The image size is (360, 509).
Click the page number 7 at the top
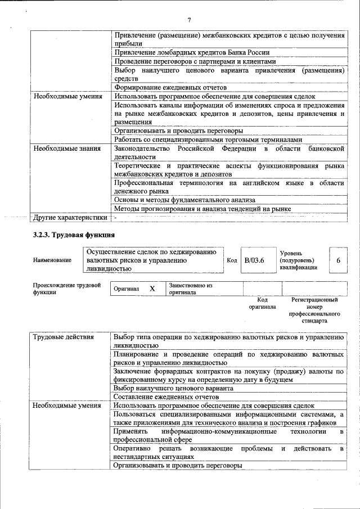pyautogui.click(x=189, y=20)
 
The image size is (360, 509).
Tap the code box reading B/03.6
pyautogui.click(x=254, y=260)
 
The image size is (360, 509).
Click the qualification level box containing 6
pyautogui.click(x=338, y=260)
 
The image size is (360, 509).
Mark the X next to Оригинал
pyautogui.click(x=152, y=288)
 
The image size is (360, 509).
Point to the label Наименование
pyautogui.click(x=52, y=260)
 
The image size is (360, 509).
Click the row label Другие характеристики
pyautogui.click(x=70, y=217)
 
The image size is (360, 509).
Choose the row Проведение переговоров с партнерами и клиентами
pyautogui.click(x=195, y=61)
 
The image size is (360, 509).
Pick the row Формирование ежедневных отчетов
pyautogui.click(x=170, y=87)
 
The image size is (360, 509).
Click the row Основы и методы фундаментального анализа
pyautogui.click(x=185, y=200)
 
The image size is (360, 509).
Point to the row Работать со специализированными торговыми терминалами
pyautogui.click(x=208, y=139)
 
